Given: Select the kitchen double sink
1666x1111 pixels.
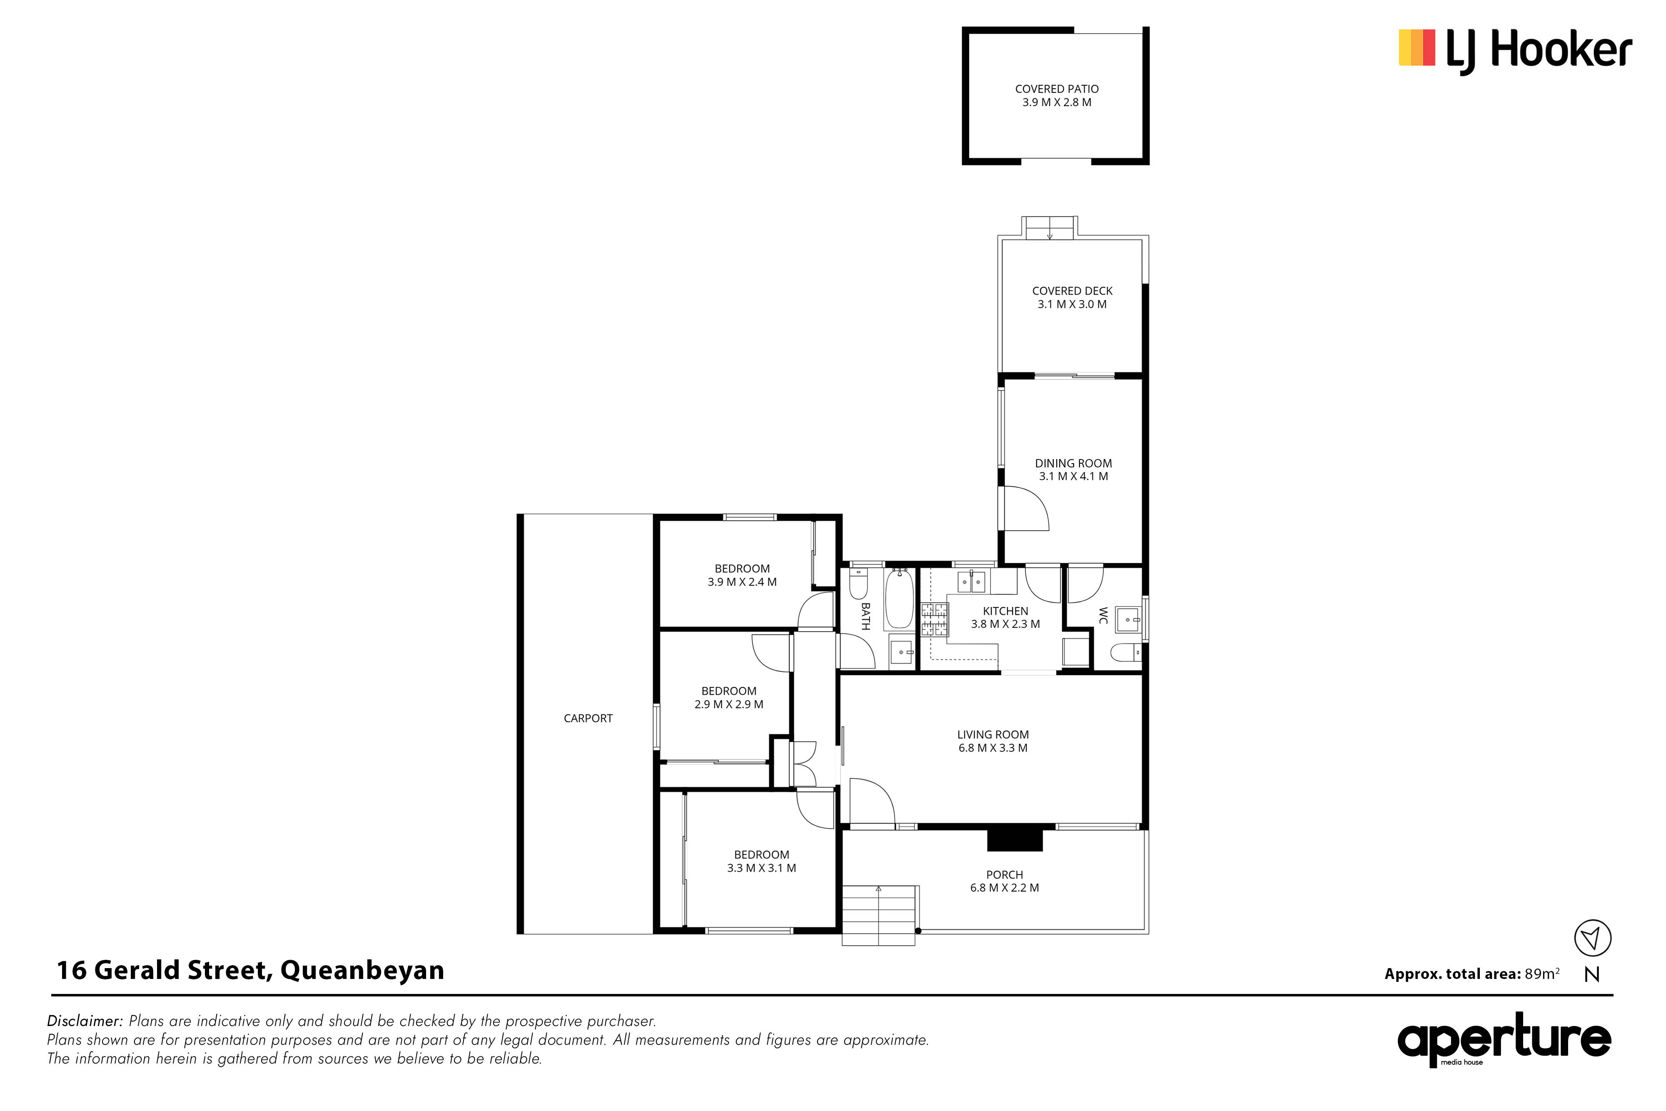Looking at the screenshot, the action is (971, 582).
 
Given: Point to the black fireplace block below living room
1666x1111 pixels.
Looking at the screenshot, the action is (1015, 840).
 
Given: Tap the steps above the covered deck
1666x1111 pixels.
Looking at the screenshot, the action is (1050, 228).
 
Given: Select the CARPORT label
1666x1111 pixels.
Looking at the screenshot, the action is (588, 719).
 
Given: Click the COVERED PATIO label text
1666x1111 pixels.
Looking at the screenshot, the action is (1057, 89).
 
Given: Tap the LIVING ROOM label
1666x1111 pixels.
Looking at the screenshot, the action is (993, 735).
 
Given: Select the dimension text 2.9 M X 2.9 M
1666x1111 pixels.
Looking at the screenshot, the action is (729, 704).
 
